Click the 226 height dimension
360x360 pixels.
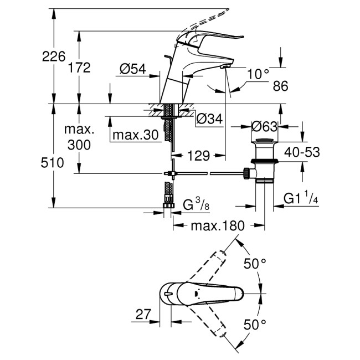[42, 56]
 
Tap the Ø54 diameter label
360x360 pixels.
[132, 69]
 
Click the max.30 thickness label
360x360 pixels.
[135, 135]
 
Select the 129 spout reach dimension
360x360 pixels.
[198, 156]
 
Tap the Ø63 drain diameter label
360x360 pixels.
[264, 126]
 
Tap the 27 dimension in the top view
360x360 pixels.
[143, 314]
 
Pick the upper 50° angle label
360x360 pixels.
[256, 264]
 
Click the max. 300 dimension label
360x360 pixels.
[79, 137]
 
